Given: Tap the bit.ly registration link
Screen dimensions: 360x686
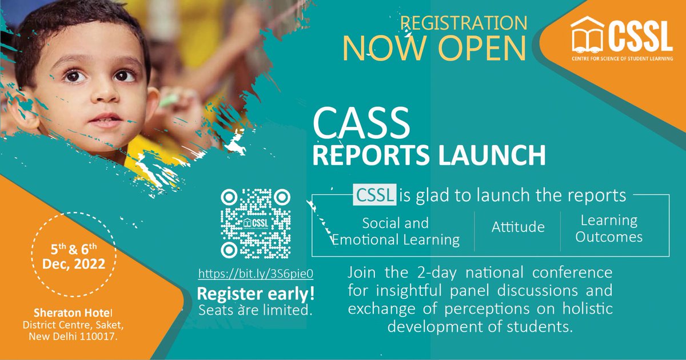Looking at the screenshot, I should (256, 274).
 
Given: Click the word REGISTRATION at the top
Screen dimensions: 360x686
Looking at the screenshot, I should (463, 23).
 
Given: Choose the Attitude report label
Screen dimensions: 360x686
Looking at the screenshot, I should (518, 227).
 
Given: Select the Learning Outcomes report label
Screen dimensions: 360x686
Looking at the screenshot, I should (609, 228).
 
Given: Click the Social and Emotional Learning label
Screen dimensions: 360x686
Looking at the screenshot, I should (396, 231).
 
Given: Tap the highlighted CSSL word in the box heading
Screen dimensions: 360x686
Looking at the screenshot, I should (375, 196).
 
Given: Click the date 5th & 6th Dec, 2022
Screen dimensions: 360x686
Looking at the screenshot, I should (74, 256).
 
